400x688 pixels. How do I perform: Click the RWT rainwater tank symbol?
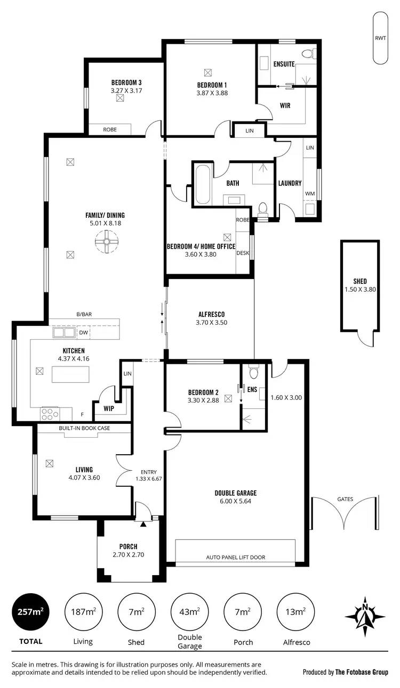(380, 38)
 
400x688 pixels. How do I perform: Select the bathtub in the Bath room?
(203, 185)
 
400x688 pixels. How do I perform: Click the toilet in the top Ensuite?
(308, 53)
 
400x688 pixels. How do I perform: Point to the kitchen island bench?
(69, 374)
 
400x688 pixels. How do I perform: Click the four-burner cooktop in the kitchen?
(50, 413)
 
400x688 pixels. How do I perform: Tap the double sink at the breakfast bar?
(64, 333)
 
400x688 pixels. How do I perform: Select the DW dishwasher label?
(83, 333)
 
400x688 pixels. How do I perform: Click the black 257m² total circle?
(30, 612)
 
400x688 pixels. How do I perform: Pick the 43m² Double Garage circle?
(190, 612)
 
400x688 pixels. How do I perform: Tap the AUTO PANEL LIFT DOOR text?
(235, 558)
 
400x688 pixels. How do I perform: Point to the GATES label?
(345, 499)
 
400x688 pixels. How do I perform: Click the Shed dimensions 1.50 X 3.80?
(360, 290)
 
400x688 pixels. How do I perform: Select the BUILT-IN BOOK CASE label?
(84, 428)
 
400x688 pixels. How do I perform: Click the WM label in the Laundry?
(309, 193)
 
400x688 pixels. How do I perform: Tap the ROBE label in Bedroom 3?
(109, 129)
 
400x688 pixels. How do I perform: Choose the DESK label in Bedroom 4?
(243, 253)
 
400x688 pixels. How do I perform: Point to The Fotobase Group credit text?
(361, 672)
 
